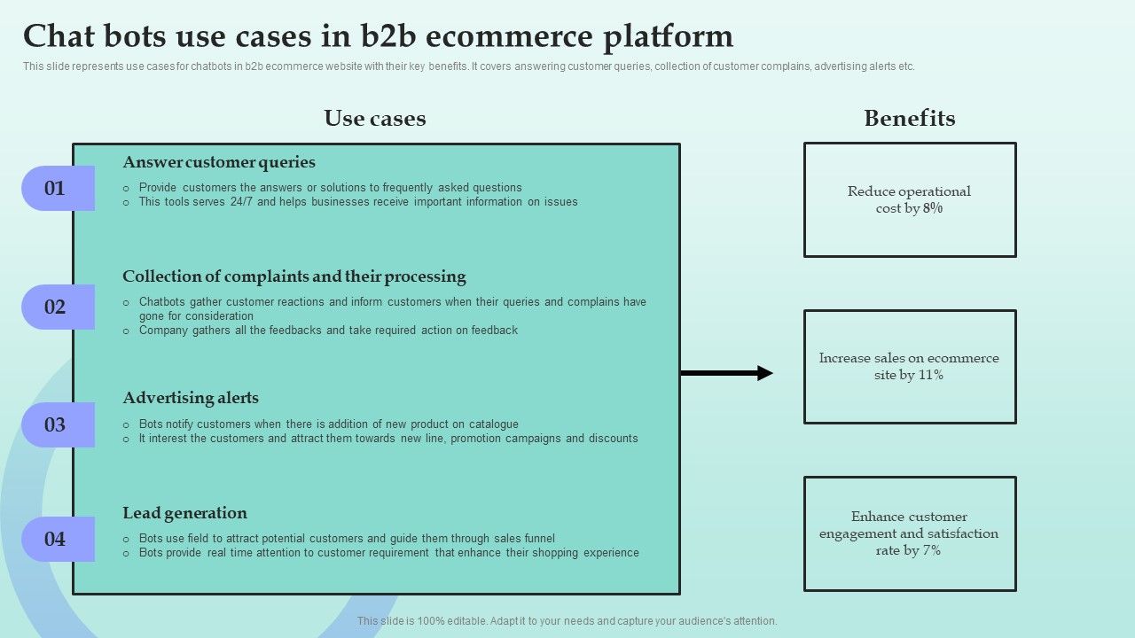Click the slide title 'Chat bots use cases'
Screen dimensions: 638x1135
point(378,36)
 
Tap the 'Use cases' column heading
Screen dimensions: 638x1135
point(374,119)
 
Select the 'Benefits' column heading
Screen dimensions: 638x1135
point(909,119)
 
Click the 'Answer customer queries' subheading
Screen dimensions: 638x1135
point(219,162)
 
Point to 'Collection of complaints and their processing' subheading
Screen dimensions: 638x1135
point(294,276)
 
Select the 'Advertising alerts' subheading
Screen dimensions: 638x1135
point(191,398)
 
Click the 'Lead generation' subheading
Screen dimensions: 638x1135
point(184,513)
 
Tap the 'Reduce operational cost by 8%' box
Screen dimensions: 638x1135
point(909,200)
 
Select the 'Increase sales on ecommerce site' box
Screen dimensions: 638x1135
point(909,367)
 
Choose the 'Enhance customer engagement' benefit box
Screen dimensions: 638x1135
point(909,533)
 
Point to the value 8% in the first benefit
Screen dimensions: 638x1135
point(932,209)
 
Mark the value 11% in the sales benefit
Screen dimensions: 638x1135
point(930,376)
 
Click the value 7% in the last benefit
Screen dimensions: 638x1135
point(931,551)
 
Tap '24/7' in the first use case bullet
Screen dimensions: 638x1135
point(240,202)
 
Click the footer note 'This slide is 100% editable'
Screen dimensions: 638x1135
point(567,621)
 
